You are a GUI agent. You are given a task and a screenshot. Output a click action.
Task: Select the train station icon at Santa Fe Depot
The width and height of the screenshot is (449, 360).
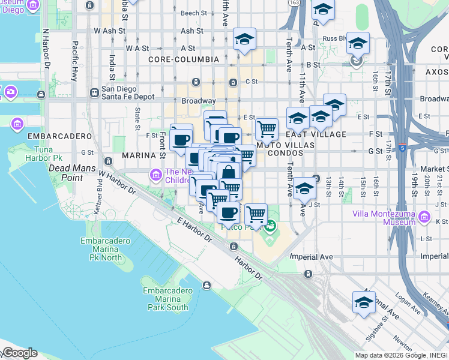tap(94, 93)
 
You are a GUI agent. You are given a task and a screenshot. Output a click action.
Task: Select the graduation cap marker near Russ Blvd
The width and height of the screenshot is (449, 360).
tap(358, 44)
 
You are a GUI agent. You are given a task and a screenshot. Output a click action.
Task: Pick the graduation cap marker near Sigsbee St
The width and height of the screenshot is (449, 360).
tap(364, 302)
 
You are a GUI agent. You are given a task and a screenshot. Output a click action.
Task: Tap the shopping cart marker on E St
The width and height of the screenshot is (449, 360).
tap(267, 128)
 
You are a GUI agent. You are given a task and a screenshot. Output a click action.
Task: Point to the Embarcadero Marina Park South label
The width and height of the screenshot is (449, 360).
tap(165, 299)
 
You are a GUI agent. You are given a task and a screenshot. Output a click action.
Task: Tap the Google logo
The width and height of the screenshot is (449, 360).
tap(19, 353)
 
